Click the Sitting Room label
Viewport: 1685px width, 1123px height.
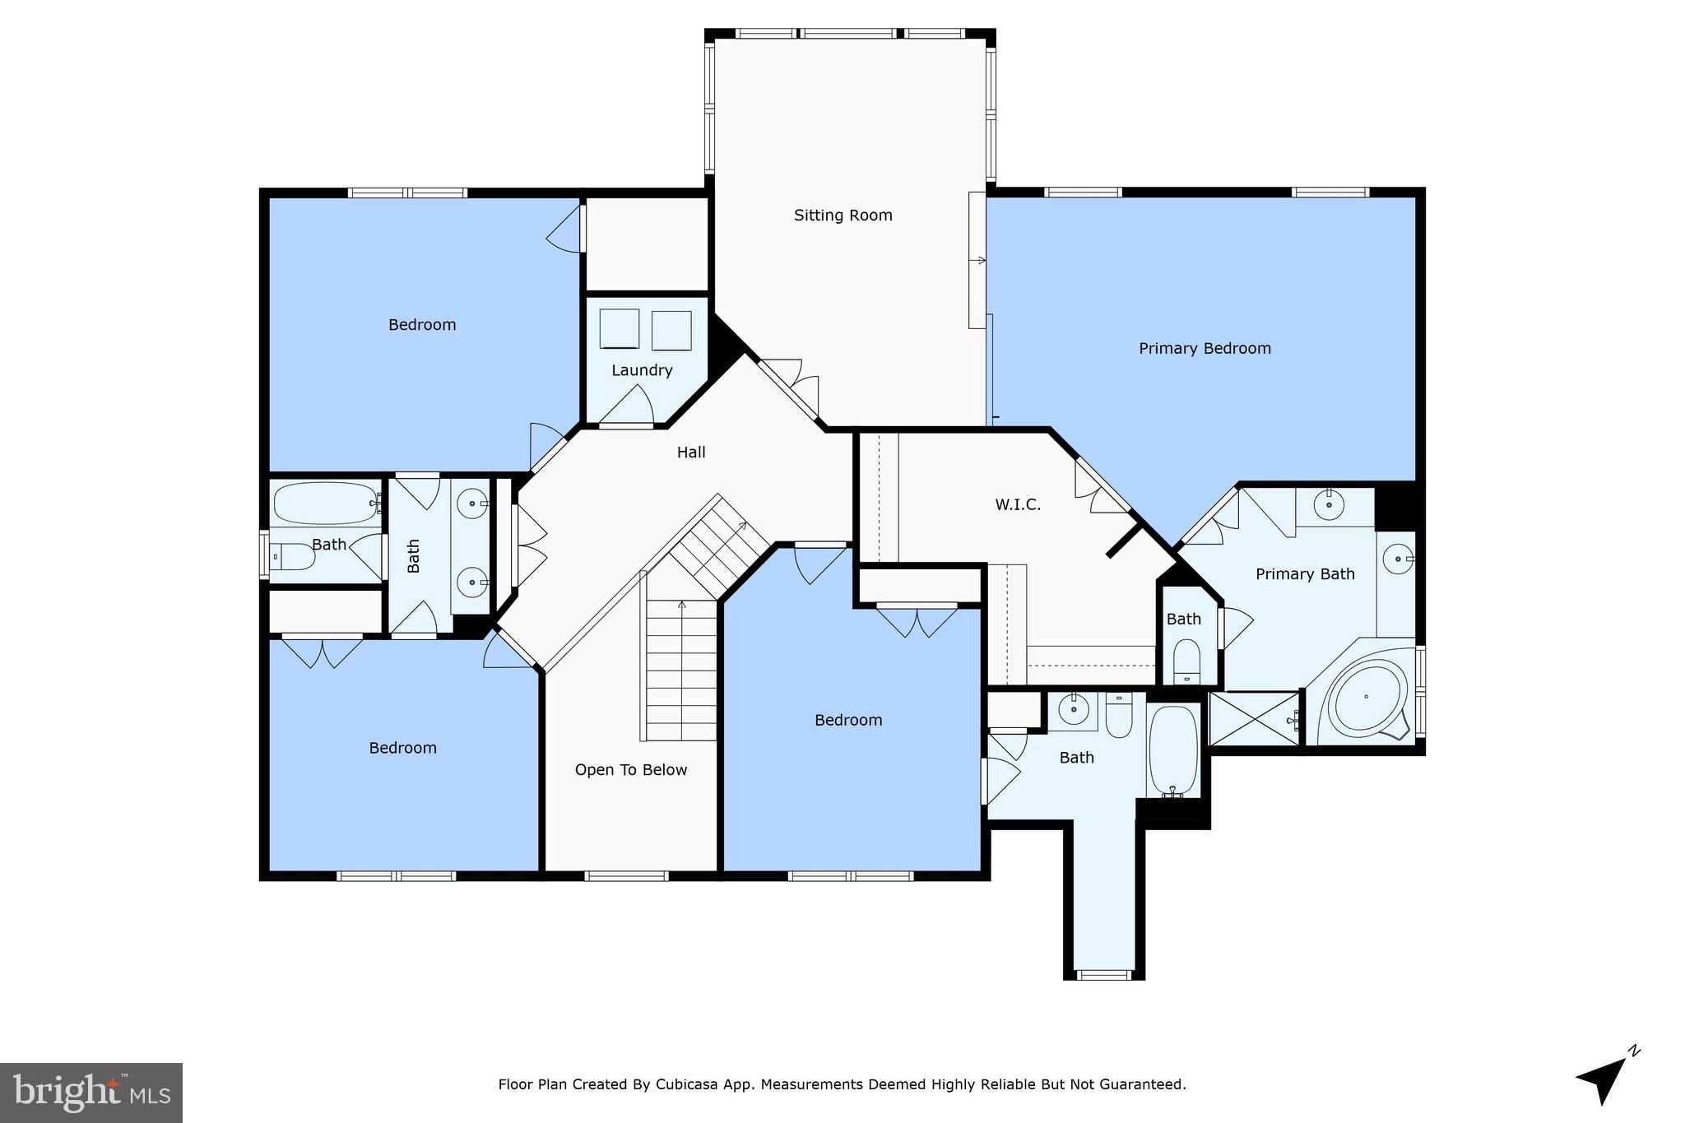click(842, 216)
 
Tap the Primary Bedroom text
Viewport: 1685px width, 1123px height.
click(1205, 349)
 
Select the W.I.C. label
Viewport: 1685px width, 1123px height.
click(1018, 505)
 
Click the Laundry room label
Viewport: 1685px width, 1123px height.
click(642, 370)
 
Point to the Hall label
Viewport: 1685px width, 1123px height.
click(691, 452)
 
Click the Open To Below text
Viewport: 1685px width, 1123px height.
click(630, 770)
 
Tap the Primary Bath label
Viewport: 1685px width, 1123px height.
click(1305, 574)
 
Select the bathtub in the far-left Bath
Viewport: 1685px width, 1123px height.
click(324, 503)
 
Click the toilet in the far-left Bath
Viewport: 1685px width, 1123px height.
click(293, 558)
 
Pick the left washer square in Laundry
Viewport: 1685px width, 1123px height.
click(619, 329)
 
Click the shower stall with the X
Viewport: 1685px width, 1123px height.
click(1253, 719)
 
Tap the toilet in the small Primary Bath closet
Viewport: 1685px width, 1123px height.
click(1186, 661)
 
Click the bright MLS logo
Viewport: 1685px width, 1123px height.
click(91, 1093)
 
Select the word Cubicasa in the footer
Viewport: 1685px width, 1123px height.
click(684, 1084)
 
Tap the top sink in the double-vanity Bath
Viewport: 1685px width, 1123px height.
click(473, 502)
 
